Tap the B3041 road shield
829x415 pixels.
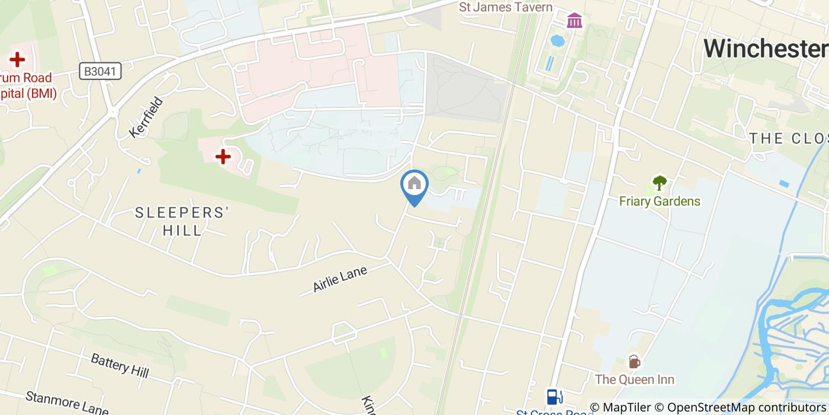point(101,72)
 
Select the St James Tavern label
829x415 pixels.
point(506,7)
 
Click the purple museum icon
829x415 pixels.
point(574,21)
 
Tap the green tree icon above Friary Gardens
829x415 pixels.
point(659,183)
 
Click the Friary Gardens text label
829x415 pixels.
point(660,202)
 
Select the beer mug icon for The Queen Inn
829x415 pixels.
point(634,361)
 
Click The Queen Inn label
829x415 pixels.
point(635,379)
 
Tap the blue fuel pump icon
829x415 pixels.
point(554,396)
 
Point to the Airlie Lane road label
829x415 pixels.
point(340,279)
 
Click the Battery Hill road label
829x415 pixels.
point(120,365)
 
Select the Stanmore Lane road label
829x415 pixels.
point(67,403)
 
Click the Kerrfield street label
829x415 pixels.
point(142,117)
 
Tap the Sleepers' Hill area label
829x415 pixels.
point(182,221)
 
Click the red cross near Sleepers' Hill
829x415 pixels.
point(223,157)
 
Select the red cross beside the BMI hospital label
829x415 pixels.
point(17,59)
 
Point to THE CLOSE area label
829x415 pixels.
point(788,139)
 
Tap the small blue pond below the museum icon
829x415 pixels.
point(557,41)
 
